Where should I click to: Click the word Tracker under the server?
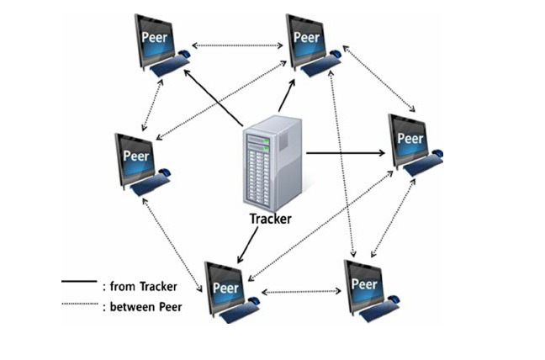[x=270, y=219]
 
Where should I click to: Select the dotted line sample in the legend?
[x=79, y=307]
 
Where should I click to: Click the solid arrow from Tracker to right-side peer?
[x=345, y=153]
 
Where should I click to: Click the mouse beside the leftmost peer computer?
[x=164, y=172]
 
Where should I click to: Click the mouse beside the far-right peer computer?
[x=438, y=155]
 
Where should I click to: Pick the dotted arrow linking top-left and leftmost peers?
[x=152, y=107]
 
